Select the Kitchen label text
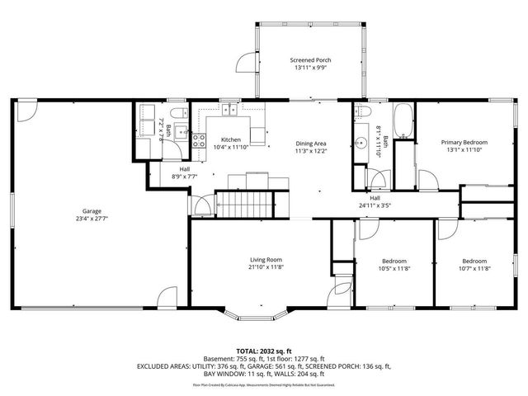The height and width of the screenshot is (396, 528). click(230, 140)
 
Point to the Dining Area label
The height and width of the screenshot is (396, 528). click(312, 144)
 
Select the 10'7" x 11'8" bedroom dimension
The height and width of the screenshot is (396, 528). click(475, 269)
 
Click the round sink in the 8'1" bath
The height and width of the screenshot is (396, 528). click(362, 144)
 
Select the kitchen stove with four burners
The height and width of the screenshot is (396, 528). click(199, 141)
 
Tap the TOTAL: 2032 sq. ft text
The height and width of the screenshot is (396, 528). click(264, 351)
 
